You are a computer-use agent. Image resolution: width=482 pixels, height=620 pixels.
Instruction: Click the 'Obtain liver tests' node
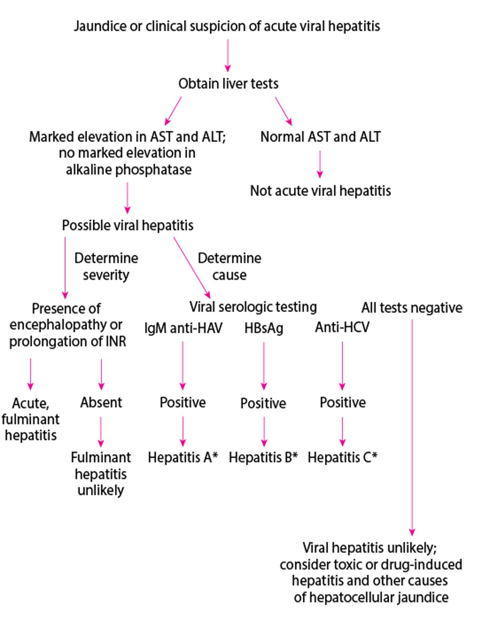point(228,84)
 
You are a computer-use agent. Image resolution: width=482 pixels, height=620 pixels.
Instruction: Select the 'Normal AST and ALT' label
point(320,137)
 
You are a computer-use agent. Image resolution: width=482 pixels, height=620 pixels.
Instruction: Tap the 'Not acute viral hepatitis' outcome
point(320,191)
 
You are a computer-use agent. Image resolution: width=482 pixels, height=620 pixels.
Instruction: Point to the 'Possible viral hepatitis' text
point(127,225)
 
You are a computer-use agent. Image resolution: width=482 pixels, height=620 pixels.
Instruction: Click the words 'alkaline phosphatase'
point(129,169)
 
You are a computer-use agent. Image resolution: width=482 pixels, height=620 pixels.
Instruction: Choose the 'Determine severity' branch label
point(106,266)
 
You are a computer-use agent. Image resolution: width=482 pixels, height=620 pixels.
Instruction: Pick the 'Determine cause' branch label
point(229,266)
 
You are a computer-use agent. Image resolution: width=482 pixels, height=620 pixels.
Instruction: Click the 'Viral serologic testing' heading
point(253,307)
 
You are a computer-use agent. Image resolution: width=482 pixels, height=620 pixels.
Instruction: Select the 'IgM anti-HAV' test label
point(183,328)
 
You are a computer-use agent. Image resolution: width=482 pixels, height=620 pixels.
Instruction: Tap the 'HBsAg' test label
point(263,328)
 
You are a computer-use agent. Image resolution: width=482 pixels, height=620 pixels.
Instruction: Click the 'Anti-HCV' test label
point(342,327)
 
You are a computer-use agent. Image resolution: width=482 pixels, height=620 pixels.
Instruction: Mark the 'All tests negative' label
point(412,308)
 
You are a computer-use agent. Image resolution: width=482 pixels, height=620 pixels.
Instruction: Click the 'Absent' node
point(101,402)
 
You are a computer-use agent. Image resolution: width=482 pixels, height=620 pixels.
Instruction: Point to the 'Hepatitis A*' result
point(183,457)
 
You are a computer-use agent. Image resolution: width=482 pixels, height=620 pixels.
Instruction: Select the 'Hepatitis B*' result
point(263,457)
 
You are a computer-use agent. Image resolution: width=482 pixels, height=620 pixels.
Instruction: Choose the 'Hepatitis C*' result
point(342,457)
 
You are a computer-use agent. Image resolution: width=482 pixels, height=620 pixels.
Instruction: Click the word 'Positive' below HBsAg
point(263,403)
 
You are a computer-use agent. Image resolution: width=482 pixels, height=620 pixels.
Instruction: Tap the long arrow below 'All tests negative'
point(412,426)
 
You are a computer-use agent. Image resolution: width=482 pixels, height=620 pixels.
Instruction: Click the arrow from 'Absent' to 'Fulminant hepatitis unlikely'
point(101,432)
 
